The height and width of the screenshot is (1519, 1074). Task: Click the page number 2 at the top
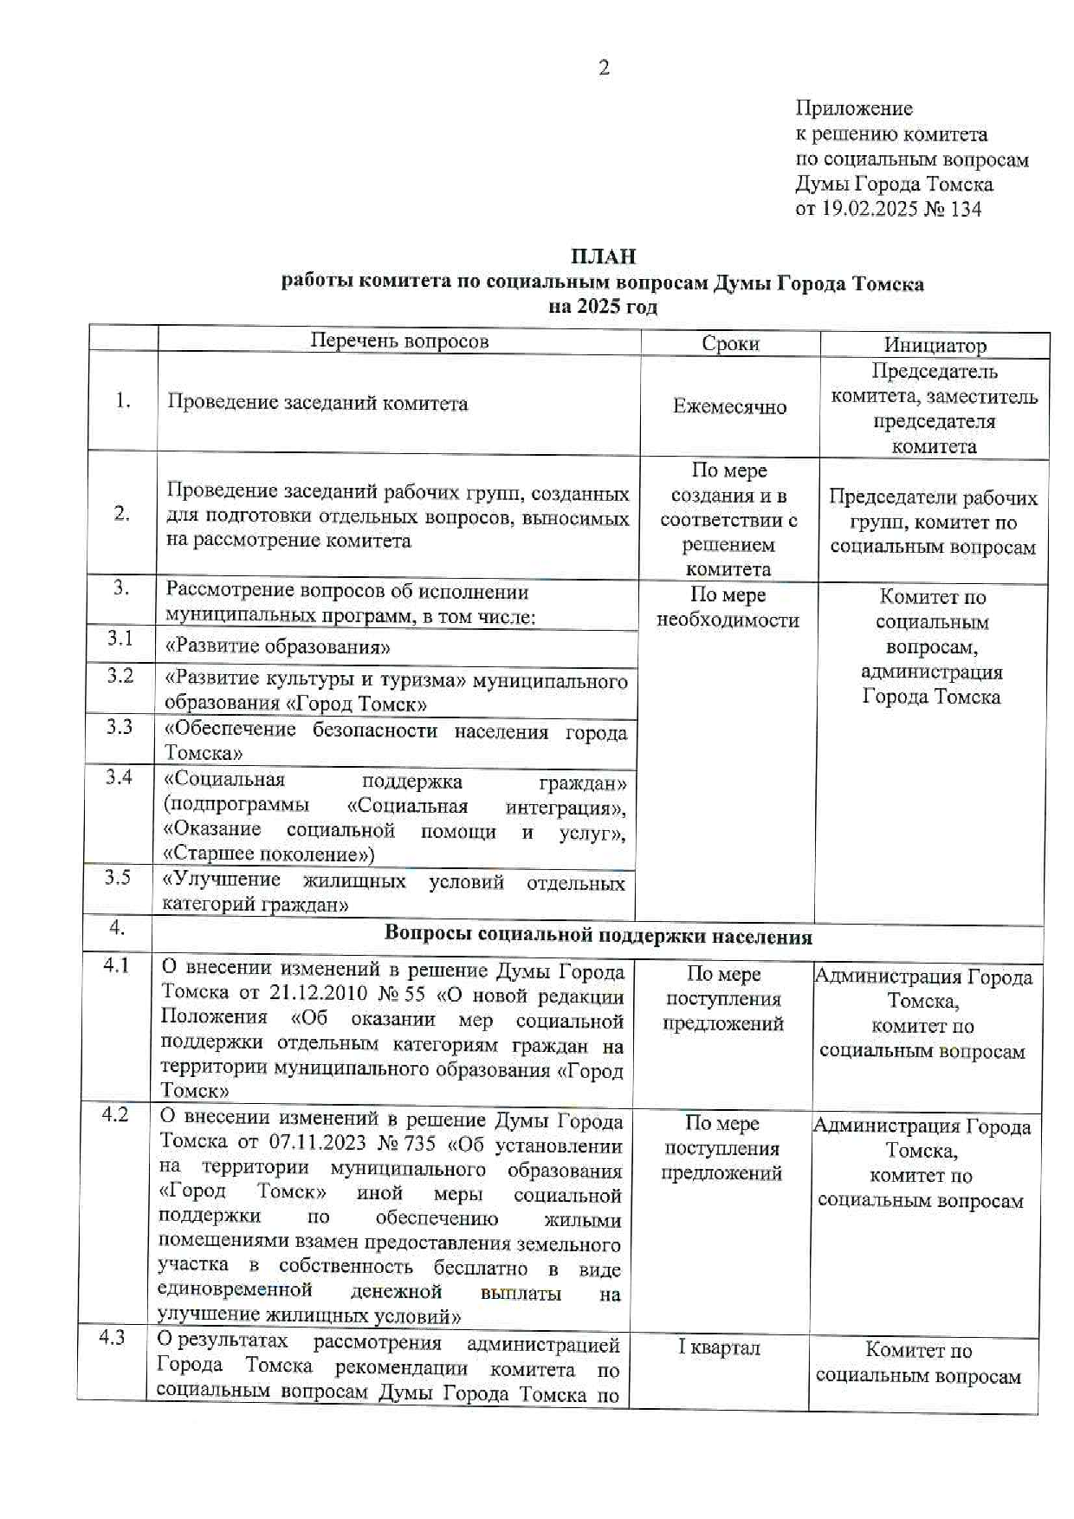click(604, 68)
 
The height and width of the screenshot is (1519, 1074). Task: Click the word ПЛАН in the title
click(603, 256)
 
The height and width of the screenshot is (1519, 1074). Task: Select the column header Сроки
click(730, 343)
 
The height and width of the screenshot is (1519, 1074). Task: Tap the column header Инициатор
click(935, 346)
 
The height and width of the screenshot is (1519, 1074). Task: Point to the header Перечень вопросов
click(399, 341)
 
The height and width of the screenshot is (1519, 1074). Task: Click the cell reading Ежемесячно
click(729, 406)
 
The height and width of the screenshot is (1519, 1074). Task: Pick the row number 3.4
click(119, 776)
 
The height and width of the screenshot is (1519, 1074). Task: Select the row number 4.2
click(114, 1114)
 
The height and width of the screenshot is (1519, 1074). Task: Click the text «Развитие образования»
click(277, 647)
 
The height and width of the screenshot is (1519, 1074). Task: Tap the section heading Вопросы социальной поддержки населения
click(598, 936)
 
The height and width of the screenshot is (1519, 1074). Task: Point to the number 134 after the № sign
click(966, 209)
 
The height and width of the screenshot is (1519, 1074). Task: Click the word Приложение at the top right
click(854, 108)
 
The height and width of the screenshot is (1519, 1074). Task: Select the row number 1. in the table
click(122, 400)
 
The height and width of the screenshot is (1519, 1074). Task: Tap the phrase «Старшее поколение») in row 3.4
click(269, 854)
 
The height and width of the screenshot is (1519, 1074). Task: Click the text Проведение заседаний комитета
click(317, 403)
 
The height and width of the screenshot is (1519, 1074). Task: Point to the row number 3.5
click(118, 877)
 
